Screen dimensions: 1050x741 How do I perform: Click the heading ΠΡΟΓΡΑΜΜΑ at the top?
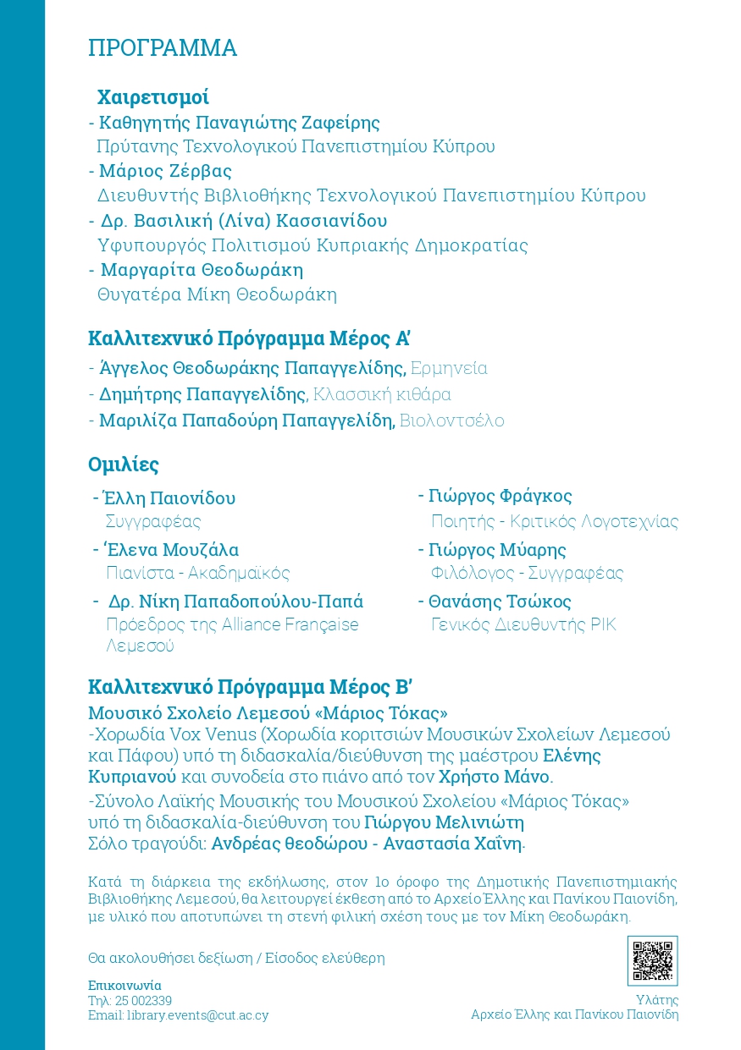pos(163,48)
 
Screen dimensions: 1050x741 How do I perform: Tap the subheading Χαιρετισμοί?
pos(152,96)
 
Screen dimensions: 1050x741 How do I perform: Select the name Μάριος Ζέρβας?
pos(165,171)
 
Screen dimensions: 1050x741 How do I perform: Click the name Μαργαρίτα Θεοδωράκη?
pos(202,270)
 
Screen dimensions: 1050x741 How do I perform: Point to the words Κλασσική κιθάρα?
pos(381,394)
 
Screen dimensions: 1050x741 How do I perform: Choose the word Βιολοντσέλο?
pos(451,421)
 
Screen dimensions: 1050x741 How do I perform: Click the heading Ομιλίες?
pos(124,465)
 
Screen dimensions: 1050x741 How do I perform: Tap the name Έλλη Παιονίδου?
pos(169,498)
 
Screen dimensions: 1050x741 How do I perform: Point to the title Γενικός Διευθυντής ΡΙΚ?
pos(523,625)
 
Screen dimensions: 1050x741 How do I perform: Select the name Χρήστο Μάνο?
pos(495,776)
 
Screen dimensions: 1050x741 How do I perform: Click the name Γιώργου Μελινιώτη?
pos(444,822)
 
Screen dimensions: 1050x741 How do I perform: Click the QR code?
pos(652,960)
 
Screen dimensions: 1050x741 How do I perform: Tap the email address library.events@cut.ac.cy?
pos(197,1014)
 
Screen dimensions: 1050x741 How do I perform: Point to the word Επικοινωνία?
pos(124,986)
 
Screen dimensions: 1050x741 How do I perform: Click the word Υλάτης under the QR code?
pos(657,1000)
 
